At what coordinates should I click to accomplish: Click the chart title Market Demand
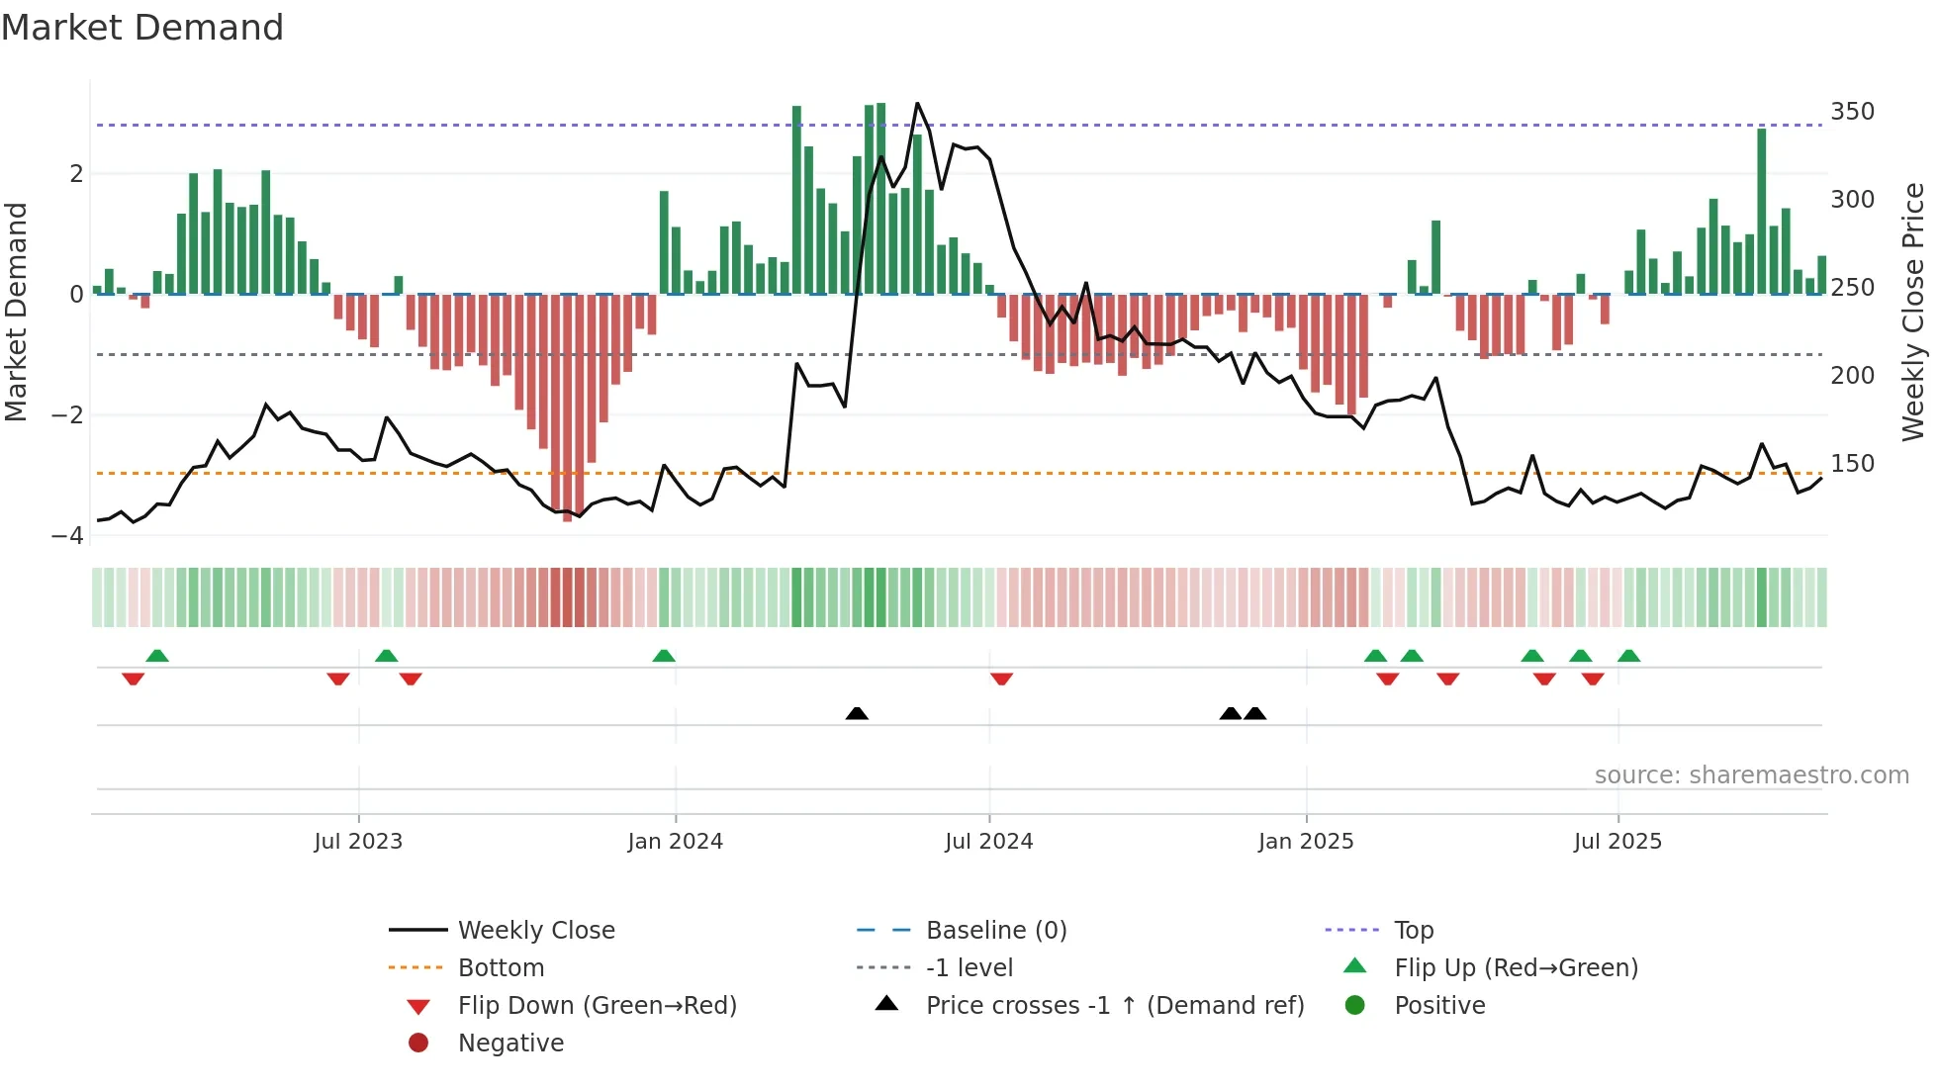click(x=142, y=27)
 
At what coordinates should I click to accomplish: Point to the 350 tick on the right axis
click(x=1852, y=111)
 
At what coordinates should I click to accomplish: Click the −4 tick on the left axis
click(x=68, y=535)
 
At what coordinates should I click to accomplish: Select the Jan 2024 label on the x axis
click(x=675, y=841)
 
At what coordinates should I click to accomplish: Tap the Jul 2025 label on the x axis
click(x=1617, y=841)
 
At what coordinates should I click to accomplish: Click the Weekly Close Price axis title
click(x=1913, y=312)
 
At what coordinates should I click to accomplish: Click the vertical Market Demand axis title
click(x=17, y=312)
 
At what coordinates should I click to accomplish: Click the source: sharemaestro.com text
click(x=1751, y=774)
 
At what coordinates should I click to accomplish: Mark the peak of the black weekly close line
click(x=917, y=104)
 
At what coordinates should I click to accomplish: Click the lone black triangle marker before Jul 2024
click(x=857, y=713)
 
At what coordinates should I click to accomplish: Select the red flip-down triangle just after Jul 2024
click(x=1001, y=679)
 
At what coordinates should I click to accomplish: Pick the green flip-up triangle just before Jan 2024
click(x=664, y=656)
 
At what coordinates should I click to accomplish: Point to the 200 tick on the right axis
click(x=1852, y=375)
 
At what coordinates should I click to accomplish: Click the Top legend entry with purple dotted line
click(x=1413, y=930)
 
